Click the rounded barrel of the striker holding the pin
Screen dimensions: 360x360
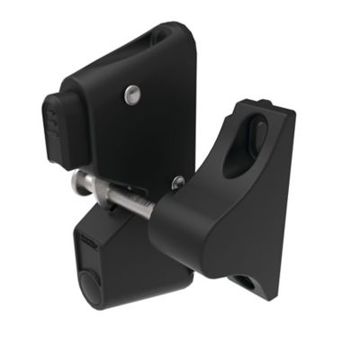184,225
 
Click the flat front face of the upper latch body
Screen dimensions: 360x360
153,117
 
